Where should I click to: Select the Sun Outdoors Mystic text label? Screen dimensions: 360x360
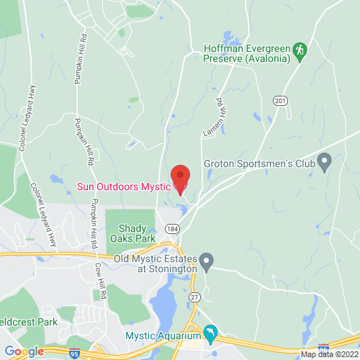(122, 186)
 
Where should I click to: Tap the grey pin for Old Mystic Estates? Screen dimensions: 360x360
(207, 261)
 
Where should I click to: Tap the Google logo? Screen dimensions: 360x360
(24, 351)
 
